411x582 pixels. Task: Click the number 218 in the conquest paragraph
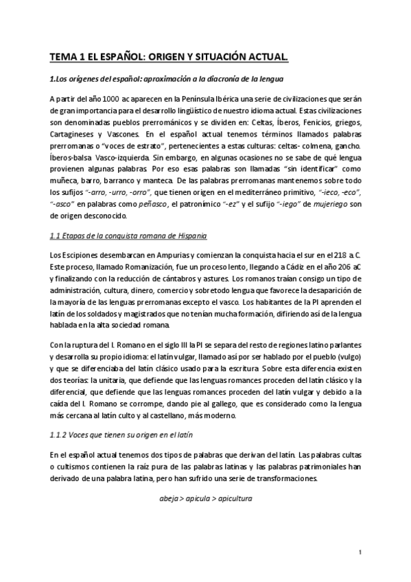pos(340,256)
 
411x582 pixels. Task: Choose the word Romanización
pos(155,268)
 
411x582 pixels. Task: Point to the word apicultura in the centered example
pos(231,498)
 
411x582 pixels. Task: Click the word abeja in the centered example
pos(161,498)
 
